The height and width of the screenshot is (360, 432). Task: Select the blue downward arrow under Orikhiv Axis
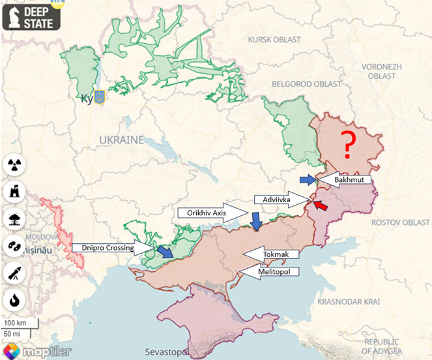257,222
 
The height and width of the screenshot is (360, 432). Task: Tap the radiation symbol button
14,164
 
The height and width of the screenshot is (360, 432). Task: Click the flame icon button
14,300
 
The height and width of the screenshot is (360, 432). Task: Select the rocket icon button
14,273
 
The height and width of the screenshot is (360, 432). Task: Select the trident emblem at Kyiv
100,97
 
